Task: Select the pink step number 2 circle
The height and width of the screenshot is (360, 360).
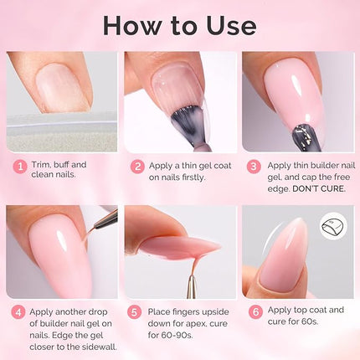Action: [x=137, y=166]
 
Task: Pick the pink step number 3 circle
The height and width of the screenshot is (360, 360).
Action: [x=255, y=166]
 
